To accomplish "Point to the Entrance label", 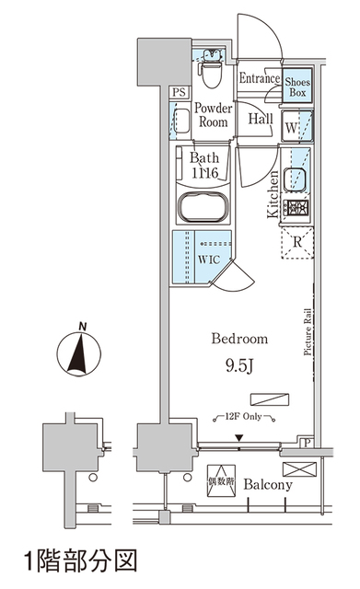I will [x=259, y=79].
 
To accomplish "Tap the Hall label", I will [x=259, y=120].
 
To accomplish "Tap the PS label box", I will [x=180, y=92].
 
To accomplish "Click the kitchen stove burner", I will [x=296, y=209].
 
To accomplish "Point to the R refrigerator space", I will [x=296, y=242].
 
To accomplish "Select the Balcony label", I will [x=269, y=485].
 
